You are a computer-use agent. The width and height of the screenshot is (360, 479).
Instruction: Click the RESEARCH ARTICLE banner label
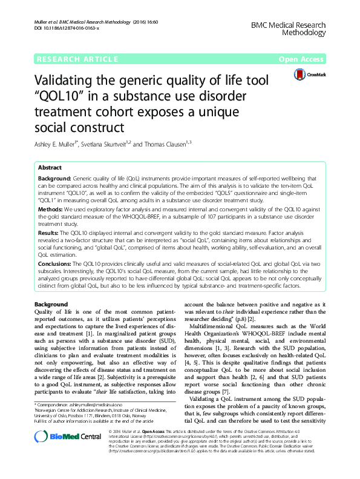(77, 59)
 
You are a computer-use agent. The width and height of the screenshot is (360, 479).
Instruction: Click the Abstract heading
(50, 168)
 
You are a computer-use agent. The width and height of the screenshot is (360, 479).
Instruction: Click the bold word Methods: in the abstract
(51, 209)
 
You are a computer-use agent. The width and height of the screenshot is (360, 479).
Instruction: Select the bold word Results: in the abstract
(49, 232)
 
